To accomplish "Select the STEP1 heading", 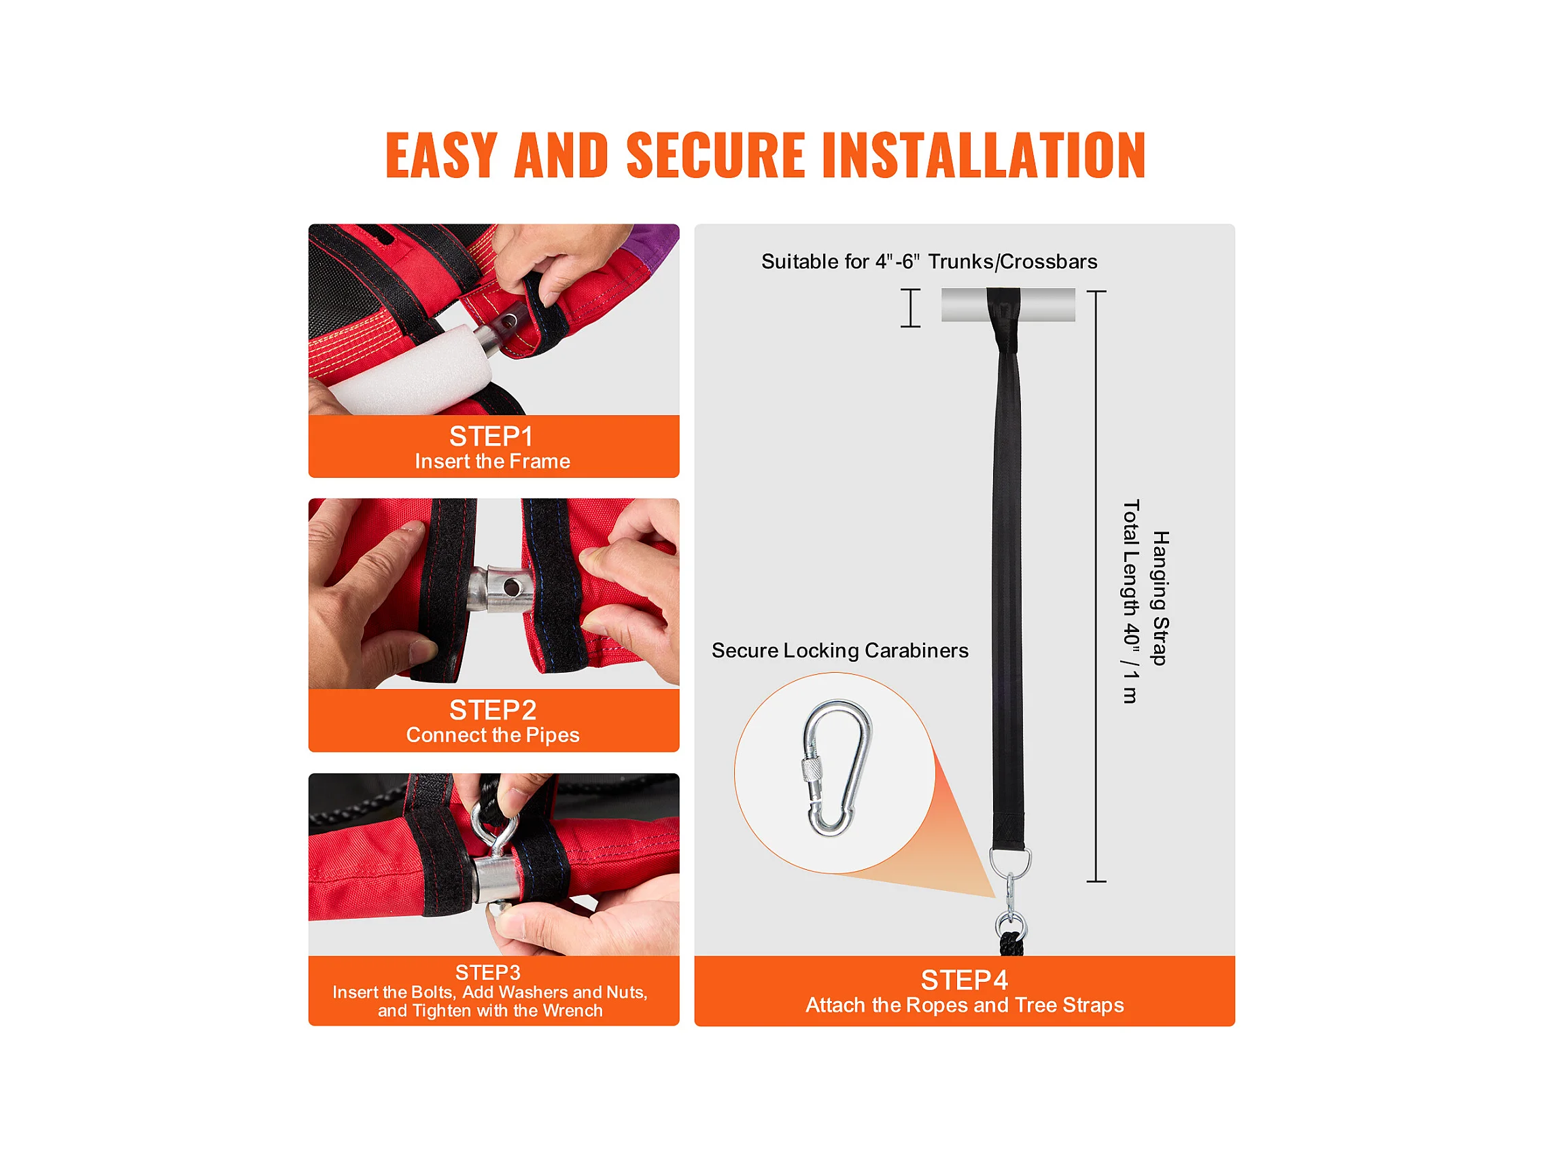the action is (x=491, y=436).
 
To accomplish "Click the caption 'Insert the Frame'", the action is (x=492, y=461).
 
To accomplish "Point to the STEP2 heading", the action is (x=492, y=710).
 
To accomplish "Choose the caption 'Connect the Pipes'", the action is (x=492, y=735).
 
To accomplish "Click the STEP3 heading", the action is (x=487, y=972).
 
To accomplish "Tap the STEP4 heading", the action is (x=964, y=981).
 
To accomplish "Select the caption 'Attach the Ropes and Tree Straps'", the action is (x=965, y=1005).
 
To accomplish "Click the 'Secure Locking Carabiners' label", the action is (x=839, y=650).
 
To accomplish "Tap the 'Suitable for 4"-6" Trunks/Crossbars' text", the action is (x=929, y=261).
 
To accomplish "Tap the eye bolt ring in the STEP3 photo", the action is (x=493, y=828).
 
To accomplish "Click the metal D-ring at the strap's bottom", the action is (x=1010, y=863).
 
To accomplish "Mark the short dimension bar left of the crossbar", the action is (x=910, y=308).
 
